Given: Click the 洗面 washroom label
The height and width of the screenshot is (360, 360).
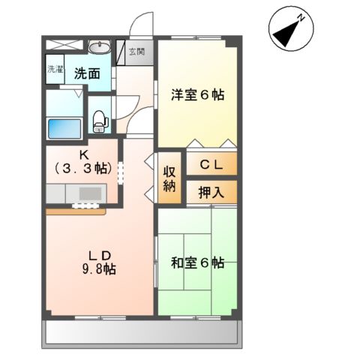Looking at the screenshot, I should coord(87,73).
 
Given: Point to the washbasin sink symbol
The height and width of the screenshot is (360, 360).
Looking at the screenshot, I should coord(98,49).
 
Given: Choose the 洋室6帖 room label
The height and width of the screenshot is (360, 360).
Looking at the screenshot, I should coord(197,95).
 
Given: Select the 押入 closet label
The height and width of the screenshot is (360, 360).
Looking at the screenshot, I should coord(211,191).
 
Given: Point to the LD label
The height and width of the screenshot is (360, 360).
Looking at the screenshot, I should coord(98,253).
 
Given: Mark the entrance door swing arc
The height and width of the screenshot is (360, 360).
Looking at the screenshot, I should coord(141,26).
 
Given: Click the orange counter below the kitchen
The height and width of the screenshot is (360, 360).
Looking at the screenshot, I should coord(75,211).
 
